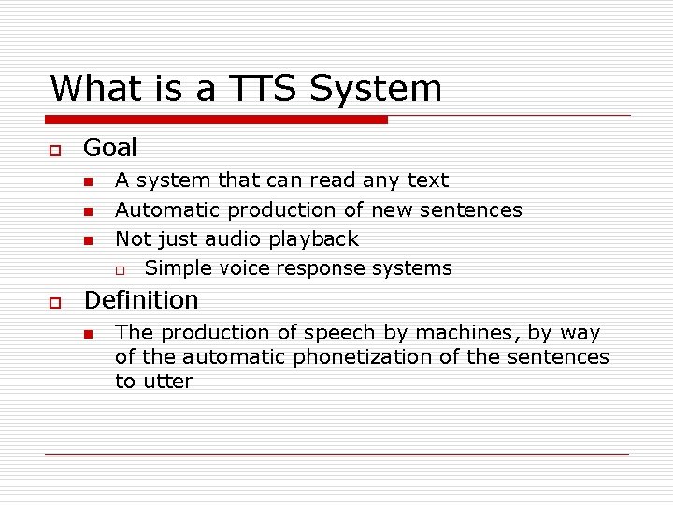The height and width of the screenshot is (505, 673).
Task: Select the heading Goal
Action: tap(110, 148)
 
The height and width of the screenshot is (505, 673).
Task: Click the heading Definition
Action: tap(141, 300)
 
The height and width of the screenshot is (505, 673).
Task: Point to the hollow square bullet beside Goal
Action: tap(55, 150)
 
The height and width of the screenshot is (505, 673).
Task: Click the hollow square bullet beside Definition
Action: tap(55, 302)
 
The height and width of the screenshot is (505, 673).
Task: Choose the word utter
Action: tap(168, 382)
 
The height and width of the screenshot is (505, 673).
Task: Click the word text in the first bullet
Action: tap(428, 180)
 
